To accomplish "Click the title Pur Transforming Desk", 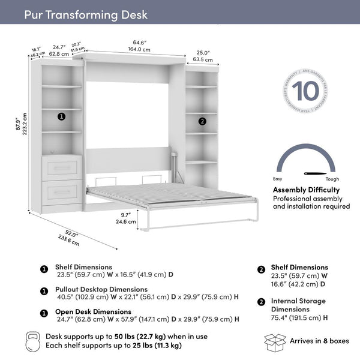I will pyautogui.click(x=85, y=14).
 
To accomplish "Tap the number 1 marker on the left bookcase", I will pyautogui.click(x=61, y=116).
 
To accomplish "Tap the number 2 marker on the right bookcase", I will pyautogui.click(x=202, y=121).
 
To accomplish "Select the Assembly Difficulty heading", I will pyautogui.click(x=307, y=190).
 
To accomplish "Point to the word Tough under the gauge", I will pyautogui.click(x=332, y=179).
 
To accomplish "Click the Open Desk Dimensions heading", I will pyautogui.click(x=93, y=311).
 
